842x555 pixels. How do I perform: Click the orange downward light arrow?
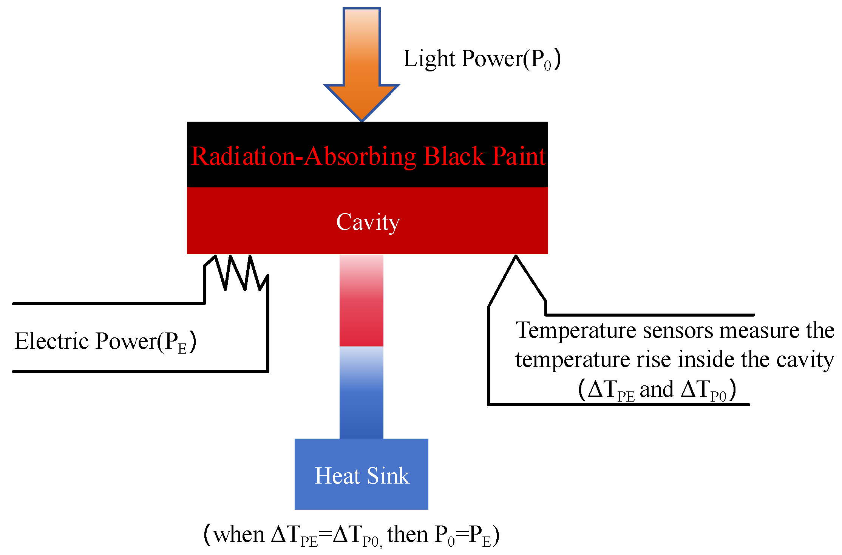click(362, 64)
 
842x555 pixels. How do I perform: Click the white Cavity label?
click(368, 222)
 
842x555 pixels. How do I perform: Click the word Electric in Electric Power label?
click(51, 341)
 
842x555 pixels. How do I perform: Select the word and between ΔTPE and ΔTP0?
click(657, 389)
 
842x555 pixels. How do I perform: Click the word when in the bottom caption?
click(239, 535)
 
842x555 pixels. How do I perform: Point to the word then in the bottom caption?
click(407, 534)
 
